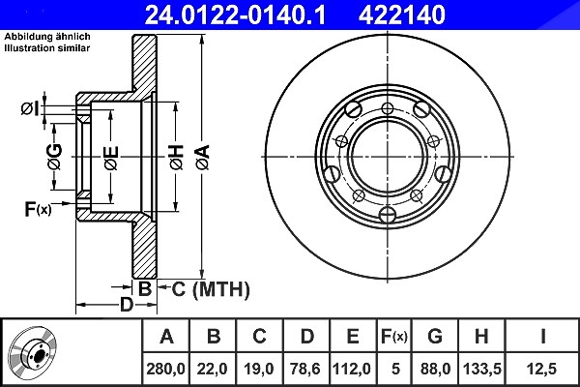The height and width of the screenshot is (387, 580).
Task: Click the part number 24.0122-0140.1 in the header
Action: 235,15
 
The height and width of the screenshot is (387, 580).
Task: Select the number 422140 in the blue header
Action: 402,15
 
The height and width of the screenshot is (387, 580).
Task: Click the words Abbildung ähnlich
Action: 47,37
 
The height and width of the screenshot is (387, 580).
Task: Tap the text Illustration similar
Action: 47,48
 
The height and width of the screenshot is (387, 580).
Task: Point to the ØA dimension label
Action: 203,158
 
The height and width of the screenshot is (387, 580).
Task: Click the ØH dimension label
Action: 177,158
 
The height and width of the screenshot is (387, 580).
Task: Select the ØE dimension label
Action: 111,158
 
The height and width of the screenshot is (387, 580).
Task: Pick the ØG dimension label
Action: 55,156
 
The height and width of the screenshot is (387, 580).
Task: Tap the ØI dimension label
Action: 30,109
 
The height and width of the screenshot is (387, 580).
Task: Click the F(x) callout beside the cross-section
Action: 38,209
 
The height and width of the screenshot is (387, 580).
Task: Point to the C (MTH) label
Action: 211,289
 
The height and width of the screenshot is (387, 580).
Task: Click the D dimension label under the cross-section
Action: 127,305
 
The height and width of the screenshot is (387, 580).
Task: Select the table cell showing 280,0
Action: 165,369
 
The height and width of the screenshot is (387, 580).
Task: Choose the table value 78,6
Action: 305,369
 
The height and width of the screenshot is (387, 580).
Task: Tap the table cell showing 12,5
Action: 542,369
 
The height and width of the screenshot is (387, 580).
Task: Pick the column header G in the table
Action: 435,337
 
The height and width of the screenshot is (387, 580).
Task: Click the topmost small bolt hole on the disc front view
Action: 388,108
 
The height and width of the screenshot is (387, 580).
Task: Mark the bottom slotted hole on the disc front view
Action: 388,214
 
